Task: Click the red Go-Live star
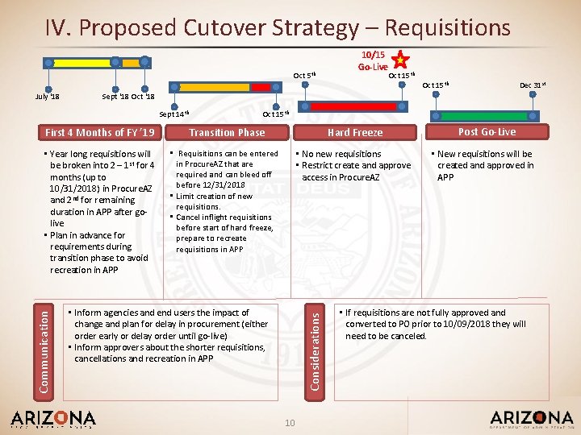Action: point(399,59)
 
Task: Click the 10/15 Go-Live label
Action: point(374,60)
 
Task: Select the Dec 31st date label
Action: point(533,85)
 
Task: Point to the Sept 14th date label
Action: point(173,114)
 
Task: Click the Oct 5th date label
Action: point(303,76)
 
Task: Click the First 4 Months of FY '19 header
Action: point(100,132)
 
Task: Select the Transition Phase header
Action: point(227,132)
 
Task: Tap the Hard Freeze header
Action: point(355,132)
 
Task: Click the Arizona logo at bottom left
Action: point(52,419)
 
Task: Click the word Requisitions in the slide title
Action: point(447,28)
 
